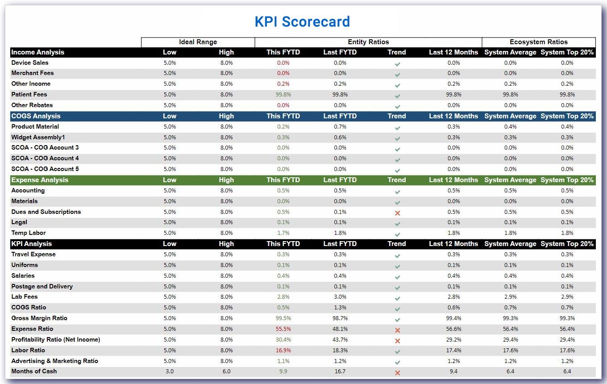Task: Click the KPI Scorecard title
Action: [302, 21]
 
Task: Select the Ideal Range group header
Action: [198, 42]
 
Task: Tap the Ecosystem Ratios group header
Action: [539, 42]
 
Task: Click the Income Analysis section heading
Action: [38, 52]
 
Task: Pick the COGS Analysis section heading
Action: [36, 116]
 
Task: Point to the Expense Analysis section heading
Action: [40, 180]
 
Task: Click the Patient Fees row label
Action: [29, 95]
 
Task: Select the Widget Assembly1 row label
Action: [38, 138]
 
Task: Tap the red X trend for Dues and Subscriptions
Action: [397, 213]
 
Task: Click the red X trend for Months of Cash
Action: [397, 372]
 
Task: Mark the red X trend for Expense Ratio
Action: [397, 330]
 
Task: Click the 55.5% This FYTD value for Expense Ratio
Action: [283, 329]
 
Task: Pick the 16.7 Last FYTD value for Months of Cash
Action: [340, 371]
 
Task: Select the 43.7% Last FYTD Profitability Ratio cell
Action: [340, 340]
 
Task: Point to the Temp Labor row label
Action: [29, 233]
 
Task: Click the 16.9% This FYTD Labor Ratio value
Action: [283, 351]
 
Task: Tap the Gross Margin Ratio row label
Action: [39, 318]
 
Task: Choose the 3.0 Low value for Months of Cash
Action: [170, 371]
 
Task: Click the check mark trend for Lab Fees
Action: [397, 298]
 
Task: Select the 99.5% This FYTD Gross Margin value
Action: [283, 318]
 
